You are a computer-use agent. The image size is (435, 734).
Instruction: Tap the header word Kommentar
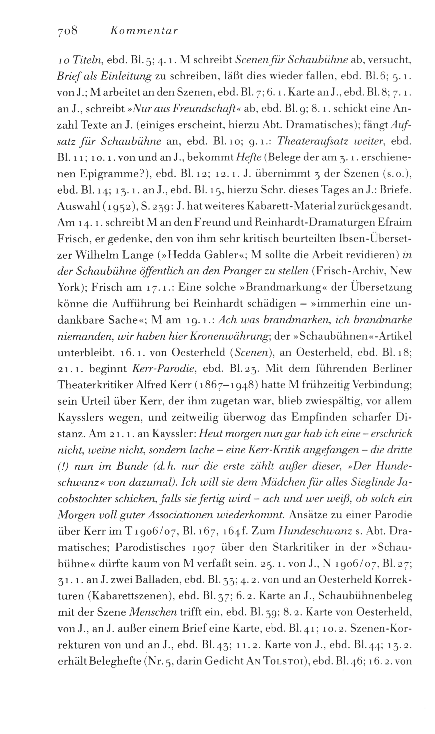(x=143, y=31)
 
